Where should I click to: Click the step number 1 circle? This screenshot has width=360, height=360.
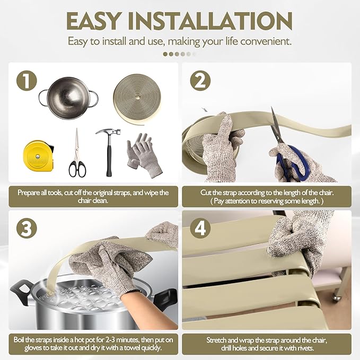[27, 81]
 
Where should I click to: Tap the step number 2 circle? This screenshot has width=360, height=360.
[200, 81]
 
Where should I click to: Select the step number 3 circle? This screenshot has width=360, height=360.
[27, 229]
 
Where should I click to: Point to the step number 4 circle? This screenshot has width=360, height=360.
[200, 229]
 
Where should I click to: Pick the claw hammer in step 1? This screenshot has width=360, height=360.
[109, 152]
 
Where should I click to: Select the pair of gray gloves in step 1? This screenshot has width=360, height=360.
[144, 155]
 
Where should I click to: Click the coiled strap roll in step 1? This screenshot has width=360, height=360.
[137, 99]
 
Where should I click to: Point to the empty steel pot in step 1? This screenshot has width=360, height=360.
[68, 98]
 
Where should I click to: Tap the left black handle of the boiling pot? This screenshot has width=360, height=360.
[20, 292]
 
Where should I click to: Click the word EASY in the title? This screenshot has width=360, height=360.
[93, 21]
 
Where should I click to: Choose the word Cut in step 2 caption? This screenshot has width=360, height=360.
[206, 192]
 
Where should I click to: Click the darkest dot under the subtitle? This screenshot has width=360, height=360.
[165, 54]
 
